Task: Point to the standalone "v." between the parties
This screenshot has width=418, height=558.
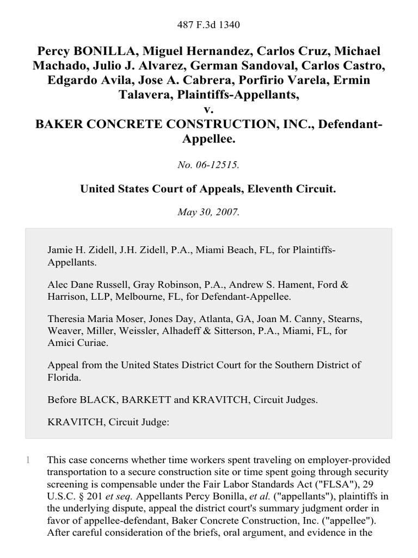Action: coord(209,111)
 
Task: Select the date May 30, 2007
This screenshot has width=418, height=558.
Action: coord(209,213)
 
